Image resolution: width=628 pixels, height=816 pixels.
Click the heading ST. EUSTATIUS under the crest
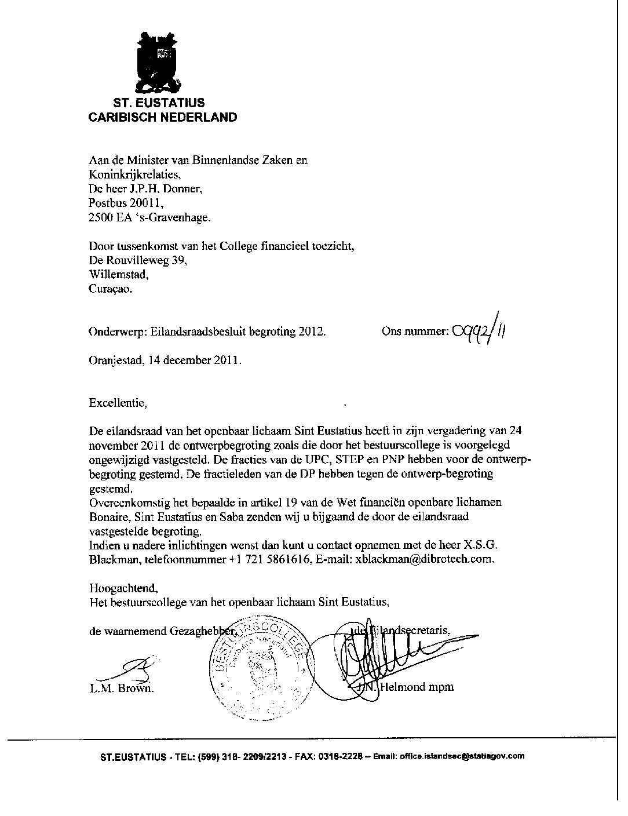tap(158, 103)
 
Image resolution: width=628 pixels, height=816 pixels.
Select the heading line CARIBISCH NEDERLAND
tap(162, 117)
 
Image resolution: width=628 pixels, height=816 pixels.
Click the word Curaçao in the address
tap(110, 289)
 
